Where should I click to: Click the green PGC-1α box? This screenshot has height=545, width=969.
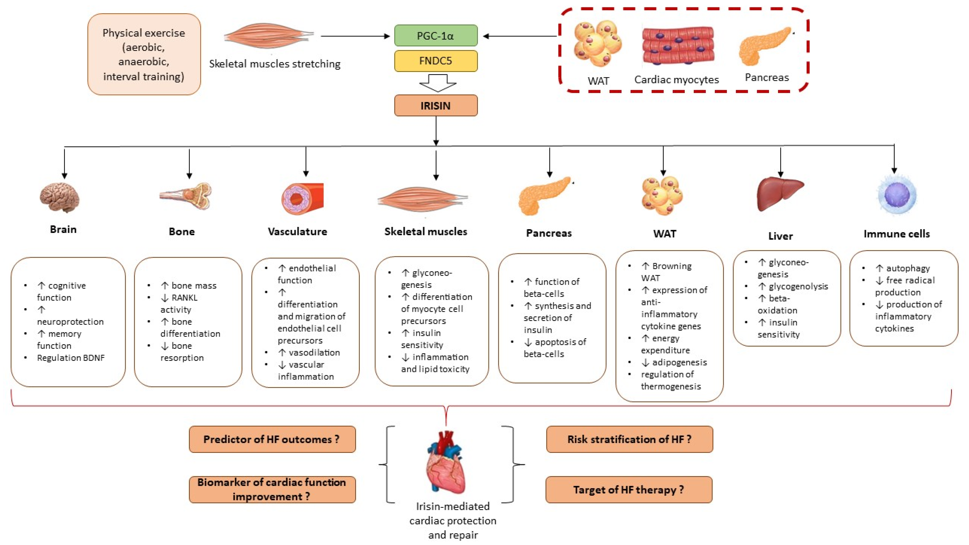pos(436,36)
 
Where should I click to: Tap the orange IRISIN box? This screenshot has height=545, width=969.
pos(436,106)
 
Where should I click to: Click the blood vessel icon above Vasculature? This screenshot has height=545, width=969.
pos(302,198)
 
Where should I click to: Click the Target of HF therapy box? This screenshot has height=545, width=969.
pos(629,490)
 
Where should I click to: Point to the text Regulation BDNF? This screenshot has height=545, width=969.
pos(71,358)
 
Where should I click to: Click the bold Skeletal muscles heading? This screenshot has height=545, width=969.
pos(425,232)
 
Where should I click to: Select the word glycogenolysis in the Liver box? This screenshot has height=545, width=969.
pos(798,287)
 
